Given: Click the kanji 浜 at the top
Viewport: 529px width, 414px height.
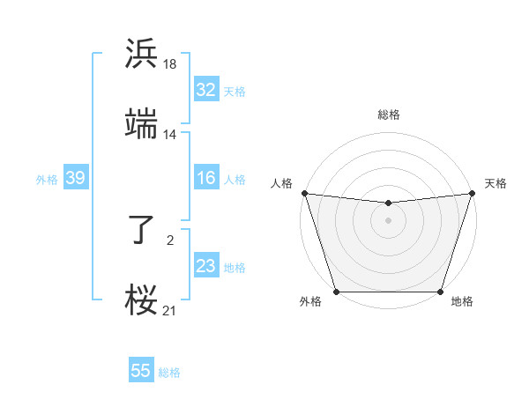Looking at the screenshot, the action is pos(141,54).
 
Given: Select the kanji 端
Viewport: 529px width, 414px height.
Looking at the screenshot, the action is pos(141,124).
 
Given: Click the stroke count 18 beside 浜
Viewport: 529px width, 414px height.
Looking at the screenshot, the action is pos(169,64).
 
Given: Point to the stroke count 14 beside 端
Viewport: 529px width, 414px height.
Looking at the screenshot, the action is pos(169,135).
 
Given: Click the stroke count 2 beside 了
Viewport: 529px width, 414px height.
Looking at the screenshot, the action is pos(169,239).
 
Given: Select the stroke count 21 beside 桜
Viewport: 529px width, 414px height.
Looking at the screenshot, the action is pos(169,310).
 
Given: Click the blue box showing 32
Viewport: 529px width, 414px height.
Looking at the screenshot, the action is pos(205,90).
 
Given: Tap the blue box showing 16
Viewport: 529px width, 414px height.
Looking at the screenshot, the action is pos(205,178).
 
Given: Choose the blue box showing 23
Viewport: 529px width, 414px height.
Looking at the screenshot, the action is pos(205,266).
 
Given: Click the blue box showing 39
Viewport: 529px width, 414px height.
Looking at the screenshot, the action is pos(75,178).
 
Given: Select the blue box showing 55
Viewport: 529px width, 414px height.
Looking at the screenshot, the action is pos(141,371).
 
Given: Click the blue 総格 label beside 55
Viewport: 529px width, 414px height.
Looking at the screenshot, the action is pos(169,373).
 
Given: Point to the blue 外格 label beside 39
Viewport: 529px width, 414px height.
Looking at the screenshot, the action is pos(47,179).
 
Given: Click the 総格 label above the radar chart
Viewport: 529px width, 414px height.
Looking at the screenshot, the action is pos(388,115).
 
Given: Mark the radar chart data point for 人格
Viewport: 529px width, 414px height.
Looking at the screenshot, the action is pos(304,193).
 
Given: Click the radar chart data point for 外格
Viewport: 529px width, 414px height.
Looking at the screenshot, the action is pos(336,292).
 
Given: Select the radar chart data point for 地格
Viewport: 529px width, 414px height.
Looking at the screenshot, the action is pos(440,292).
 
